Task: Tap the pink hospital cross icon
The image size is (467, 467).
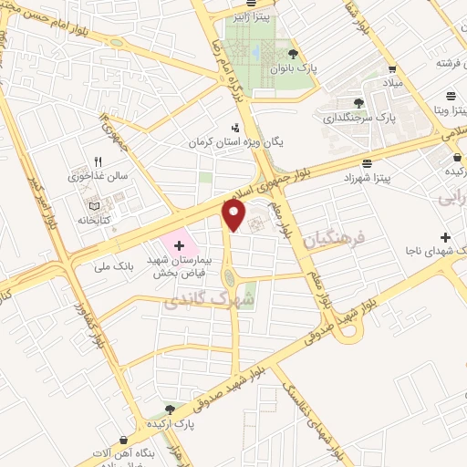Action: [179, 244]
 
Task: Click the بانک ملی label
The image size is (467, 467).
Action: [119, 265]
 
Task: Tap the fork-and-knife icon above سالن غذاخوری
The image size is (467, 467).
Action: [95, 161]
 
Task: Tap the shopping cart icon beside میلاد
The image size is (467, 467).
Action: [392, 68]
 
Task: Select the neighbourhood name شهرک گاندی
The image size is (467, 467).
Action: [213, 298]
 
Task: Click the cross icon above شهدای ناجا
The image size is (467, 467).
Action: [445, 212]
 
